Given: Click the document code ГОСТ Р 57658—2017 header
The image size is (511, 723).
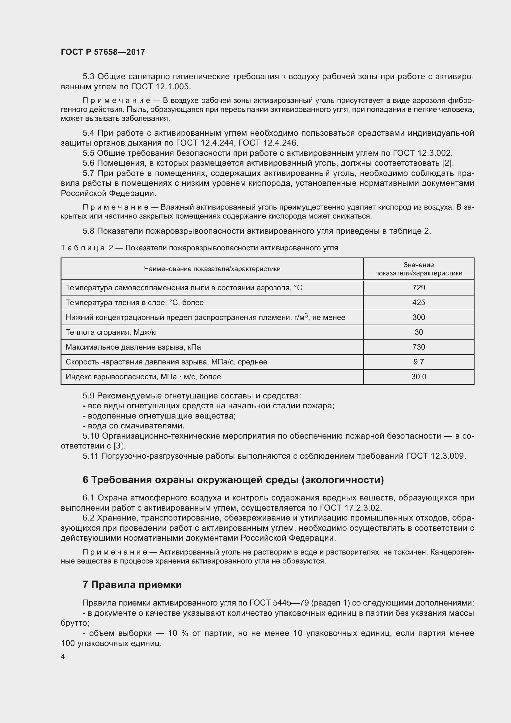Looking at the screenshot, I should (x=103, y=52).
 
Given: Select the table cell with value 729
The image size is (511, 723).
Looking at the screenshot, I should (x=419, y=287).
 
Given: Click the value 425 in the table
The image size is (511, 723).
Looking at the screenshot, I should (x=419, y=302).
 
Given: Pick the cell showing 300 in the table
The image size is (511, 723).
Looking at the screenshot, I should (x=419, y=317).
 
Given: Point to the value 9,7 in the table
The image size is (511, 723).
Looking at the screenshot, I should (x=419, y=362).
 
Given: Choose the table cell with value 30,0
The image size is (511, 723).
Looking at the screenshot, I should (x=419, y=376).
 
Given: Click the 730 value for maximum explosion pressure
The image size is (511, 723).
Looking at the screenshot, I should (x=419, y=347).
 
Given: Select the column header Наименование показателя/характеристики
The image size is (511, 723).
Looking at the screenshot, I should (x=212, y=269).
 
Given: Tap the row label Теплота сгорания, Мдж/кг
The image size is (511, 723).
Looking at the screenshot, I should (x=112, y=332).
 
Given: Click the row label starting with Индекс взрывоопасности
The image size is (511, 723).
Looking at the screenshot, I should (x=143, y=376).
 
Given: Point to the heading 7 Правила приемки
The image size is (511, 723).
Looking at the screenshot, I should (x=132, y=585).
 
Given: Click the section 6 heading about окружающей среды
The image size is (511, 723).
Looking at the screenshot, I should (x=233, y=480).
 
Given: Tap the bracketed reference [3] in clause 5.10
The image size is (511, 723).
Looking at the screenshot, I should (x=119, y=446).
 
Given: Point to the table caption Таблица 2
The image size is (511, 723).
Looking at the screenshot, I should (x=87, y=248).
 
